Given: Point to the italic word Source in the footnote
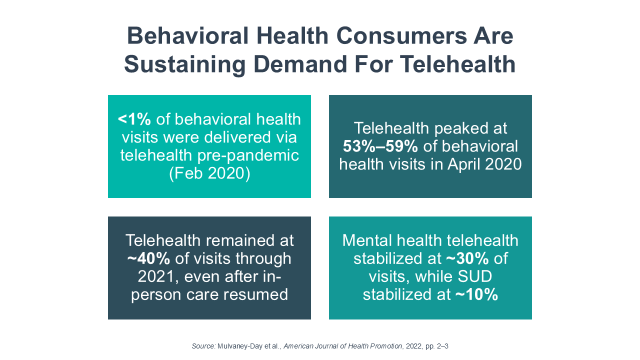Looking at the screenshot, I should (203, 346).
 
